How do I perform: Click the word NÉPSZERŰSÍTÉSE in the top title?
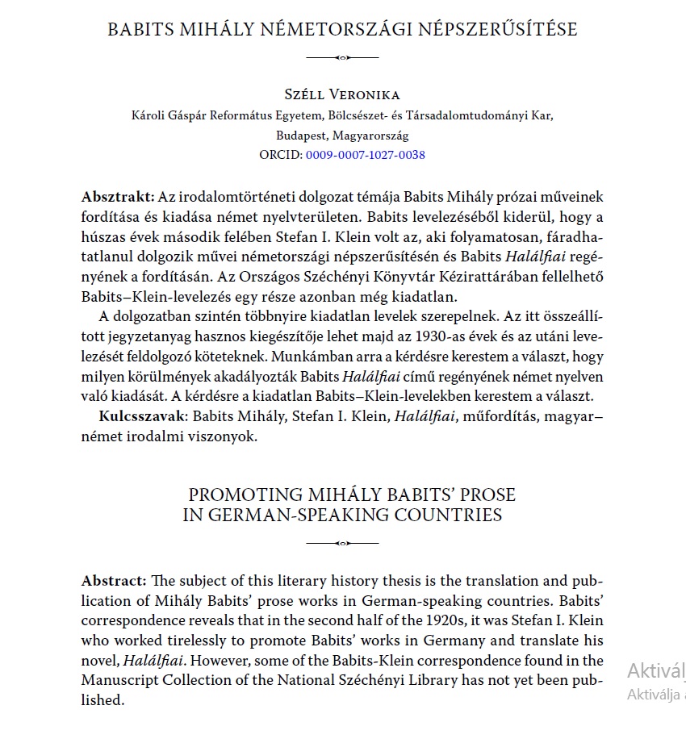(x=500, y=30)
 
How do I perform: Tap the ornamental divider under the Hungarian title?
(x=342, y=57)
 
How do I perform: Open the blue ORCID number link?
(x=365, y=155)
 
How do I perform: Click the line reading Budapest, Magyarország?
(x=342, y=136)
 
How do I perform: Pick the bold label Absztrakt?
(x=118, y=198)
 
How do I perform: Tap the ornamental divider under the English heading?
(x=342, y=543)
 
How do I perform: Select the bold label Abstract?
(x=114, y=582)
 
